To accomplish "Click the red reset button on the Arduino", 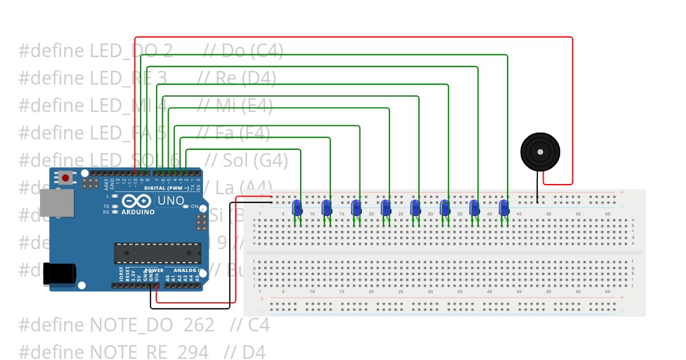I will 66,178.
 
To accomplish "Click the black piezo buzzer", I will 540,151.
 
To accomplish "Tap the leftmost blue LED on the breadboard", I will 297,208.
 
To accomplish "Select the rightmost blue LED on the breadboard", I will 504,208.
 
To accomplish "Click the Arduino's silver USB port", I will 57,203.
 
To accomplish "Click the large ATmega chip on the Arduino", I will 157,253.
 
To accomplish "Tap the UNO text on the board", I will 170,201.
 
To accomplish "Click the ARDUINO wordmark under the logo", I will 138,213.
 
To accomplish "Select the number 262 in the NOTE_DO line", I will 198,325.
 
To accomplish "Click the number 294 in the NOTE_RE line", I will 193,352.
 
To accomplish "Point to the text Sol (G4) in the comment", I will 254,160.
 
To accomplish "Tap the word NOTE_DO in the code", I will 131,325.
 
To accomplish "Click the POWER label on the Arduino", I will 153,270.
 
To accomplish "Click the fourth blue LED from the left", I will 385,208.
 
